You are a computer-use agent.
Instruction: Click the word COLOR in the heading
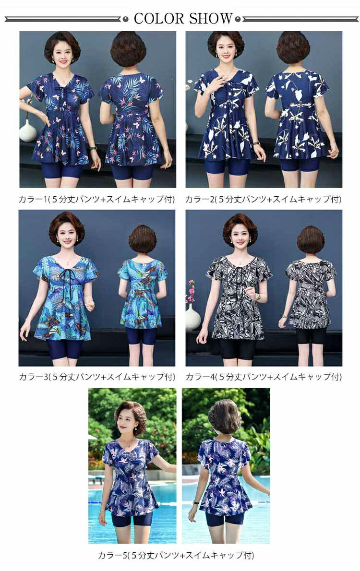(x=159, y=19)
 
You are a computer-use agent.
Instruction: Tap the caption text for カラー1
(x=97, y=199)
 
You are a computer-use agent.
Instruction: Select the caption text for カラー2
(x=264, y=199)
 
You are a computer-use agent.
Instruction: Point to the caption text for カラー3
(x=97, y=377)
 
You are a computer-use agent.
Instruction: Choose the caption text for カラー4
(x=264, y=377)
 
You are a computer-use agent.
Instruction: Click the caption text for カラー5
(x=176, y=555)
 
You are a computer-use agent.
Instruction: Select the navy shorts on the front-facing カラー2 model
(x=227, y=167)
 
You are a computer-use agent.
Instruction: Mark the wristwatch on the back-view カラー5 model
(x=196, y=502)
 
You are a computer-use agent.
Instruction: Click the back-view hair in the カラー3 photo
(x=142, y=239)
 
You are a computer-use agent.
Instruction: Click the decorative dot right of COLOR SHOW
(x=238, y=19)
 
